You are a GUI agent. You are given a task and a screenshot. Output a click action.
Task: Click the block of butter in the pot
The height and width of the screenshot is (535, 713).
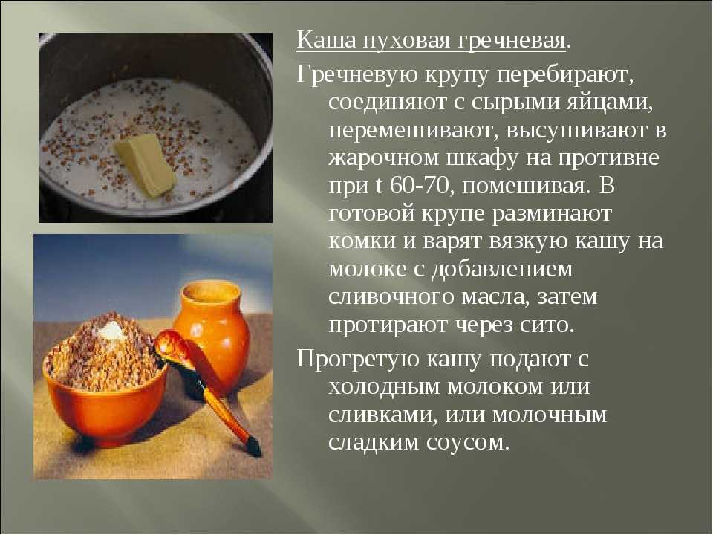coord(145,164)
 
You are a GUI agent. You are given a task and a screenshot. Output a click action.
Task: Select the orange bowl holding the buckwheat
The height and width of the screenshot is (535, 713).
coord(105,401)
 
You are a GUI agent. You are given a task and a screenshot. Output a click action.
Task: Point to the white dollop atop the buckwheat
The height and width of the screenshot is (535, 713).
coord(111,330)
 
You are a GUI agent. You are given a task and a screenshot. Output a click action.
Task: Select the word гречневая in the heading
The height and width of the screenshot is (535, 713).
coord(511,41)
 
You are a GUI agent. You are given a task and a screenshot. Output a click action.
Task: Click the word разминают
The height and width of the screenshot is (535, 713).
coord(552,213)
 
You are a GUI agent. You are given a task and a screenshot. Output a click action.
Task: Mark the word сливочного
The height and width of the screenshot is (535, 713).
coord(391,296)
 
